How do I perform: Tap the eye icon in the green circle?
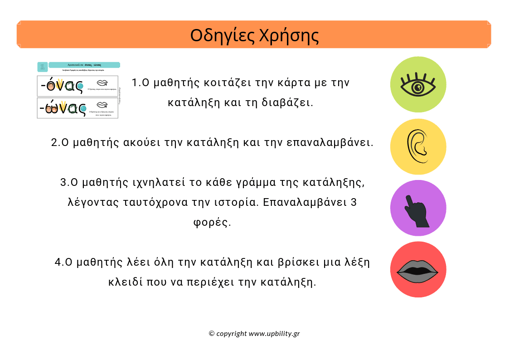click(418, 84)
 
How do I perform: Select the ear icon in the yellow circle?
click(418, 147)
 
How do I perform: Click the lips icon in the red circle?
click(418, 270)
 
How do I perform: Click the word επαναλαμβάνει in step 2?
click(330, 142)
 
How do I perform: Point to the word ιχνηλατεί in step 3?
click(153, 183)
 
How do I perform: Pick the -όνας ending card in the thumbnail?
click(78, 86)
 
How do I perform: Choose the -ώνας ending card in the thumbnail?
click(78, 108)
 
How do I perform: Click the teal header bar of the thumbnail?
click(84, 65)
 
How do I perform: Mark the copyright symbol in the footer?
click(211, 334)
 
